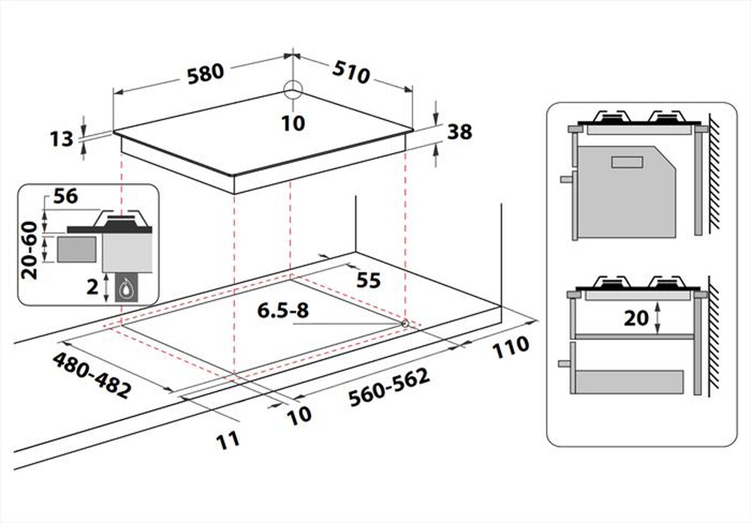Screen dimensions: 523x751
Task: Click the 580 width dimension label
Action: [206, 72]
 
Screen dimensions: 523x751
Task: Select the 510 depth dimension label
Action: [352, 73]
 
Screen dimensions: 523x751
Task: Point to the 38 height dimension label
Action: [459, 132]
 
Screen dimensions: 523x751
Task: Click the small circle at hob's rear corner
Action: [293, 89]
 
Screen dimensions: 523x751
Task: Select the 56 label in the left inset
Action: [66, 197]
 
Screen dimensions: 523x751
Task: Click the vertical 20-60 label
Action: [30, 250]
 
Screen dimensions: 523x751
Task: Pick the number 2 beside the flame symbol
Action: [92, 287]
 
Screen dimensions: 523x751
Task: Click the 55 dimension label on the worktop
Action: [367, 280]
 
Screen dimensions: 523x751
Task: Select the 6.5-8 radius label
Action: [282, 310]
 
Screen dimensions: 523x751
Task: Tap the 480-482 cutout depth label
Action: [92, 376]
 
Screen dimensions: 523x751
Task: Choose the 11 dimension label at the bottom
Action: [228, 438]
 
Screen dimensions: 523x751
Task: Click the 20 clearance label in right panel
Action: [635, 318]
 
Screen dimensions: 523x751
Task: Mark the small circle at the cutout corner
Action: [405, 323]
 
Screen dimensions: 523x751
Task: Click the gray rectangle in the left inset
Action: [77, 249]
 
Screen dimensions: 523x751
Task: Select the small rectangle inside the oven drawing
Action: [628, 161]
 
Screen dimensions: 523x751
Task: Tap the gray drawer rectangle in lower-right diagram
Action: [628, 381]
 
